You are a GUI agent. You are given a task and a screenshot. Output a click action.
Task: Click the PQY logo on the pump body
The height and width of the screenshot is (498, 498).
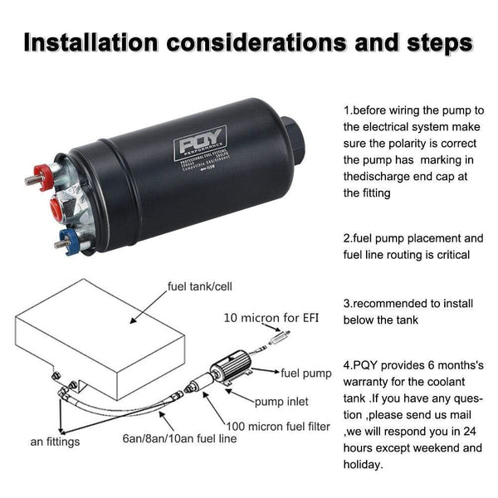pyautogui.click(x=190, y=147)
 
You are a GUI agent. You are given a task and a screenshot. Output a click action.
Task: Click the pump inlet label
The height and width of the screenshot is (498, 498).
pyautogui.click(x=281, y=402)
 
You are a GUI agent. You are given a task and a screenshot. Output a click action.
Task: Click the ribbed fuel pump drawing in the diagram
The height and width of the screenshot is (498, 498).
pyautogui.click(x=233, y=368)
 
